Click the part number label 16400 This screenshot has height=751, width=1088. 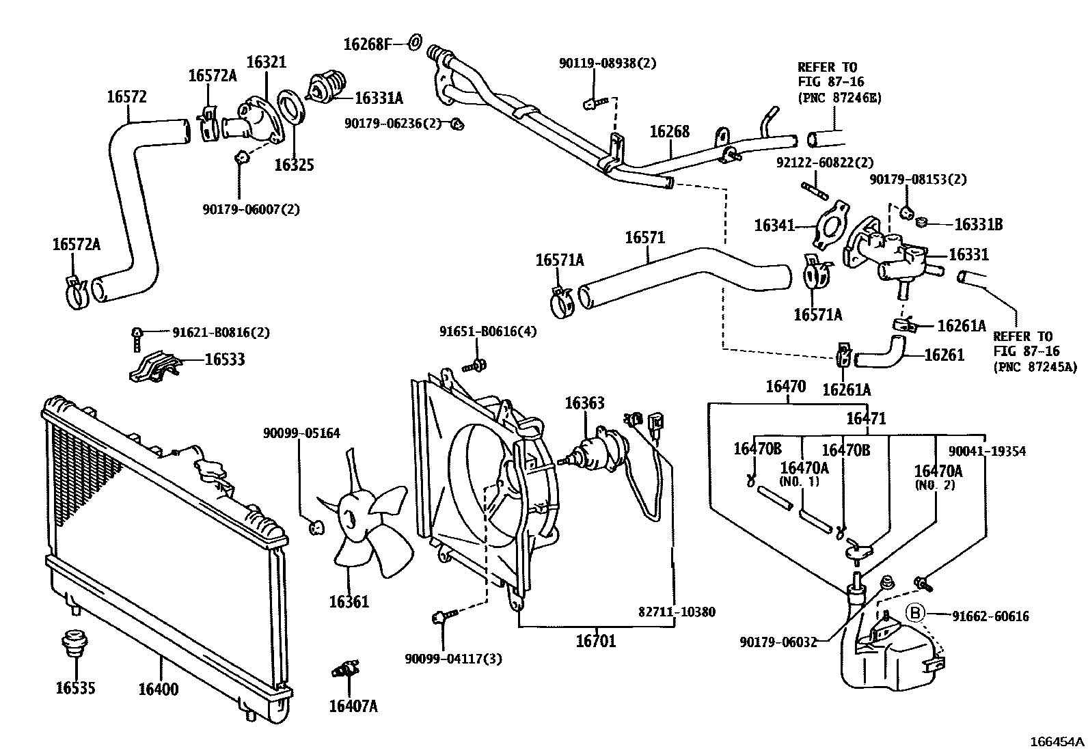click(159, 689)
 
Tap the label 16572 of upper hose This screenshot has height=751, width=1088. click(126, 96)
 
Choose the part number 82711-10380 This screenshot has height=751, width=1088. click(677, 612)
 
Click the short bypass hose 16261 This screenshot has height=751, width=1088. click(882, 352)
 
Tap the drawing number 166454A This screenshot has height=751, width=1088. click(1057, 741)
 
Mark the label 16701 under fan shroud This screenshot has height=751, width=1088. click(595, 641)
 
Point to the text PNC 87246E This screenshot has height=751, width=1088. click(839, 98)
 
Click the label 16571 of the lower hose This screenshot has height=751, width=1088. click(644, 238)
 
